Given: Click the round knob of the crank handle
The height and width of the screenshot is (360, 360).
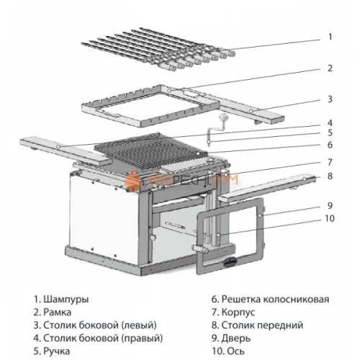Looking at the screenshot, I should pyautogui.click(x=222, y=118).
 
